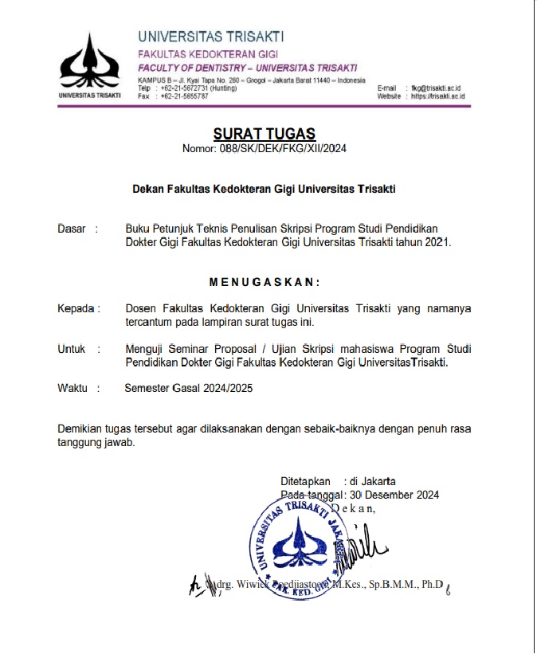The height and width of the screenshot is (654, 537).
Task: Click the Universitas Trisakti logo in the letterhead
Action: point(89,63)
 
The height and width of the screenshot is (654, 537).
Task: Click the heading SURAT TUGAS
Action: point(265,134)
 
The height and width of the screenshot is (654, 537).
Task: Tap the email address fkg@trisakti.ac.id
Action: point(437,88)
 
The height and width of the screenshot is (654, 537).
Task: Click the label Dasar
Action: point(72,229)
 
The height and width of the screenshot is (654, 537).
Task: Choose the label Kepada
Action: point(76,308)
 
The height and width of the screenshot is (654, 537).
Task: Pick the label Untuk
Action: point(72,348)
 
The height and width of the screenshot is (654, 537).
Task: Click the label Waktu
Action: point(73,388)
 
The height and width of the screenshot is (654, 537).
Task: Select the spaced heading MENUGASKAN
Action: point(265,282)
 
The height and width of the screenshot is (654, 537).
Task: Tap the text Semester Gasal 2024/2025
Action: point(193,388)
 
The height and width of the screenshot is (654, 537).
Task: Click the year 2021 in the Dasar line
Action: point(433,242)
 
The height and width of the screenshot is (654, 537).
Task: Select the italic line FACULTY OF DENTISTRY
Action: point(247,67)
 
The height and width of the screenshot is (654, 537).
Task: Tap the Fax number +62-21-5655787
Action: point(185,96)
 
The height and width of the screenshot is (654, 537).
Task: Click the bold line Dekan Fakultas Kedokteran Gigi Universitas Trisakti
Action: point(264,189)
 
